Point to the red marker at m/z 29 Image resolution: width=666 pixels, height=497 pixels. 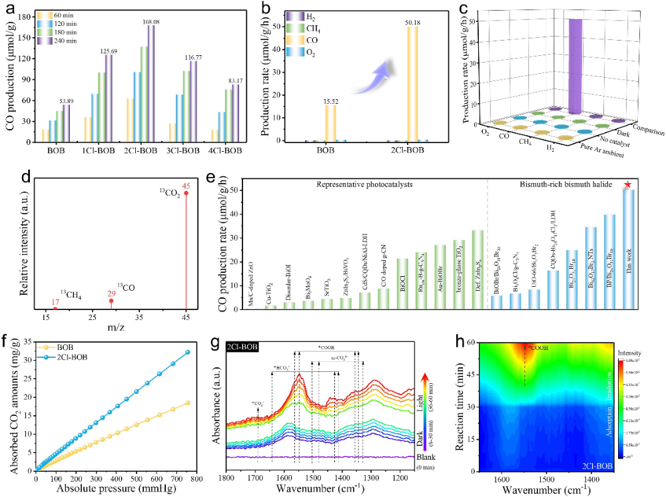[x=112, y=301]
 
